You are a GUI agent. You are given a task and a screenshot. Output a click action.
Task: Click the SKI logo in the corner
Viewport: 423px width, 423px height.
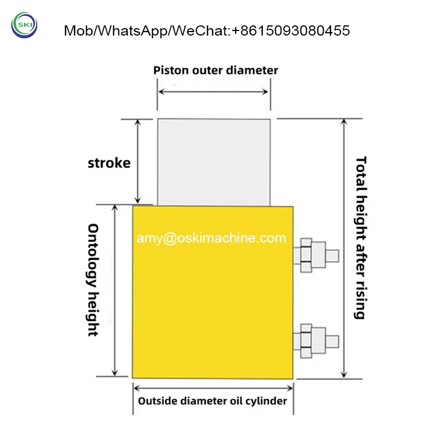click(x=24, y=25)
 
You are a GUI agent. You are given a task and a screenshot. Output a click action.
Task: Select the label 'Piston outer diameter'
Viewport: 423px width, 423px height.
click(x=216, y=70)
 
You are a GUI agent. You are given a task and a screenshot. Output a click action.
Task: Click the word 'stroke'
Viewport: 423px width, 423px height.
click(x=109, y=163)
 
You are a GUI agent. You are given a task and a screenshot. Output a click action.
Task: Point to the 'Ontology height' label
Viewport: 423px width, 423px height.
click(x=94, y=280)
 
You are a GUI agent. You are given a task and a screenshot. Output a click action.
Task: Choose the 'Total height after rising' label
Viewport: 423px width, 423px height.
click(x=360, y=237)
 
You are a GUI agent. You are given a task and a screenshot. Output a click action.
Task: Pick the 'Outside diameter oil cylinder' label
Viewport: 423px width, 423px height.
click(x=213, y=402)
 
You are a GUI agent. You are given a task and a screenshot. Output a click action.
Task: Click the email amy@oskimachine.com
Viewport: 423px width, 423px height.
click(x=211, y=239)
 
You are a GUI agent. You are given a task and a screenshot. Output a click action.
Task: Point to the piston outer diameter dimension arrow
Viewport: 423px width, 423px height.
click(x=214, y=91)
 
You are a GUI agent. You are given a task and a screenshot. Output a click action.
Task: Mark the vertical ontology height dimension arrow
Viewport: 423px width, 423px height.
click(x=116, y=290)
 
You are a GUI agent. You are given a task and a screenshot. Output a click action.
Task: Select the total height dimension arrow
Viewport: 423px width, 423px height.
click(x=345, y=248)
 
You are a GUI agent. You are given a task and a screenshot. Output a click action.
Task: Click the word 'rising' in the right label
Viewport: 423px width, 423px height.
click(x=360, y=299)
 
